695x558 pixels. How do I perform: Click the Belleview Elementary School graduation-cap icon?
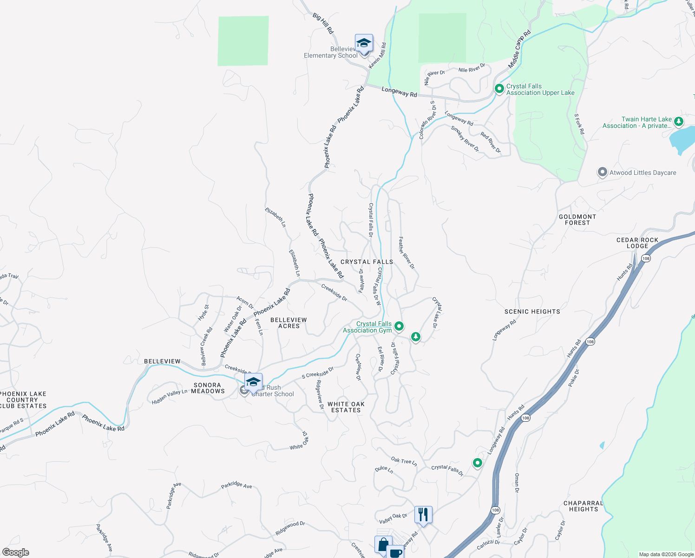[364, 44]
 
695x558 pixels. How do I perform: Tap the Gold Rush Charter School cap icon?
[253, 383]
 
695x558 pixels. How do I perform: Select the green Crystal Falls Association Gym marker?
[399, 327]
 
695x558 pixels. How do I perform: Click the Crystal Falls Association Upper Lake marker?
[499, 89]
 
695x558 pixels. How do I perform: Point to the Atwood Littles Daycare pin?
[602, 173]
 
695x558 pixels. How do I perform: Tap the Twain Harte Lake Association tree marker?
[679, 122]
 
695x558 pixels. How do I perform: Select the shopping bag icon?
[383, 545]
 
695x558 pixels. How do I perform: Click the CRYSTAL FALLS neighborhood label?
[367, 262]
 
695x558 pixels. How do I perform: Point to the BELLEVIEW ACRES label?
[288, 323]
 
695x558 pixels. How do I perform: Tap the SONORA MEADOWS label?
[208, 388]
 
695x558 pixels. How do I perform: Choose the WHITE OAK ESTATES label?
[346, 407]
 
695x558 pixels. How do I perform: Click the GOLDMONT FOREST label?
[577, 219]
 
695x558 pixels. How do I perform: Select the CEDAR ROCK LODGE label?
[637, 243]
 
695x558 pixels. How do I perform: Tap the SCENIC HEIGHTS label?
[532, 312]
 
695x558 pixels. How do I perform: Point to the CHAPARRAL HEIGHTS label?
[584, 506]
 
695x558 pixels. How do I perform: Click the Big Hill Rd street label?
[323, 23]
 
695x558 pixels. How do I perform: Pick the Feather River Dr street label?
[406, 252]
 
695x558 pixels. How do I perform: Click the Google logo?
[16, 552]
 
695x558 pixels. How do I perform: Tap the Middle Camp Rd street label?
[519, 50]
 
